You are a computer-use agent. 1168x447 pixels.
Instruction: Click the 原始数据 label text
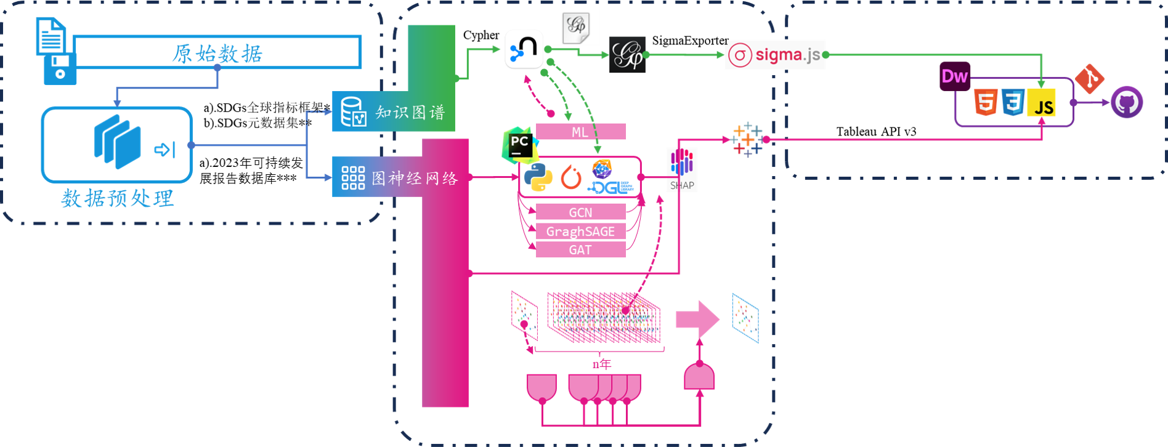click(x=217, y=54)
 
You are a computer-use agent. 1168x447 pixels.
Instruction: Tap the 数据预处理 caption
click(x=118, y=198)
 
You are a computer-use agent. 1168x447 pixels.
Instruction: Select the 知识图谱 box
click(x=393, y=111)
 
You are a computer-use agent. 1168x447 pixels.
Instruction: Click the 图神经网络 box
click(x=400, y=177)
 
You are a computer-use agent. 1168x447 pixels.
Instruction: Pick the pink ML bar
click(x=580, y=132)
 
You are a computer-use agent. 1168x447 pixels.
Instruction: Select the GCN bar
click(x=580, y=212)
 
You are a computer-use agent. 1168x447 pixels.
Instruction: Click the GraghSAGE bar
click(x=580, y=232)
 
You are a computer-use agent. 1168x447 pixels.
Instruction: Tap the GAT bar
click(x=580, y=250)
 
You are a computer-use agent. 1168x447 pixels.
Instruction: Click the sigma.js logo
click(x=774, y=55)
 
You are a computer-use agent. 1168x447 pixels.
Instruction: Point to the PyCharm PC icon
click(x=519, y=145)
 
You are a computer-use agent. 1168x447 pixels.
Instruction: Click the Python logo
click(x=538, y=177)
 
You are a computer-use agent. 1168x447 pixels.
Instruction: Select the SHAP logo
click(x=682, y=169)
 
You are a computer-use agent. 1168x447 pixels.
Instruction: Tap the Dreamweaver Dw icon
click(x=955, y=76)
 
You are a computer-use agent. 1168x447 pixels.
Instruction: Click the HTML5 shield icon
click(x=986, y=102)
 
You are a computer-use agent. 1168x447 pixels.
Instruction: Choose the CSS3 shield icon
click(x=1013, y=102)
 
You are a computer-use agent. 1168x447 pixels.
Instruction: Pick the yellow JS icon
click(x=1042, y=103)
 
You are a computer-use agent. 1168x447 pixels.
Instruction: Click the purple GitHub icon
click(x=1127, y=102)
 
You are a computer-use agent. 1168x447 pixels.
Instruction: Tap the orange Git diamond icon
click(x=1089, y=78)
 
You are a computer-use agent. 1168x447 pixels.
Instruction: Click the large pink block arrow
click(x=697, y=319)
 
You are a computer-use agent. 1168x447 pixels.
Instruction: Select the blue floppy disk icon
click(x=60, y=68)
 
